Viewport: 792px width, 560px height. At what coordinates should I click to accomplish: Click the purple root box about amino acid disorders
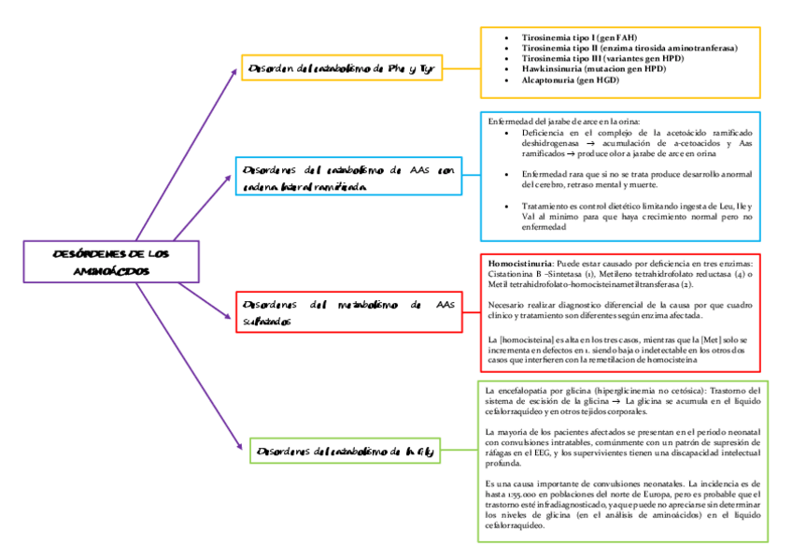point(112,262)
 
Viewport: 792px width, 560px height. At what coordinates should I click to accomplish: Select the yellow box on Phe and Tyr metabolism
point(342,68)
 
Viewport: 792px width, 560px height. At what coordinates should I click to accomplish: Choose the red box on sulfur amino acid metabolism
point(348,312)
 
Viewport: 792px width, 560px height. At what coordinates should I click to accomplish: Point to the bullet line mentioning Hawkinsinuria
point(593,69)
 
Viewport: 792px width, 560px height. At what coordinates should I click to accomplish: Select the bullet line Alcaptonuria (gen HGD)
point(570,80)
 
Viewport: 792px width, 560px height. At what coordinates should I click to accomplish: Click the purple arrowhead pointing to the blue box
point(233,174)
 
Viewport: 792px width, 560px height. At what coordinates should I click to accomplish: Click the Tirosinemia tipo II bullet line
point(629,48)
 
